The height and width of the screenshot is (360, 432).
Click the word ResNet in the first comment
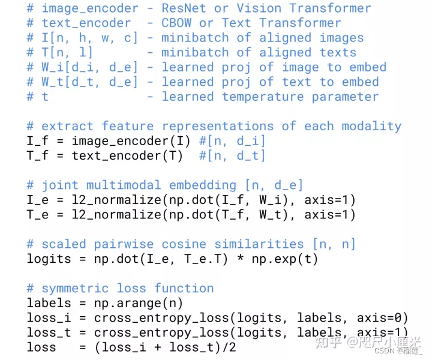pyautogui.click(x=184, y=9)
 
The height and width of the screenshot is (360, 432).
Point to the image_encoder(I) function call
pyautogui.click(x=131, y=142)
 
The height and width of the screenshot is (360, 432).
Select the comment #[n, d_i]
pyautogui.click(x=233, y=142)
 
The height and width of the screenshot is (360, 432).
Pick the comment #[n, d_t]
pyautogui.click(x=233, y=156)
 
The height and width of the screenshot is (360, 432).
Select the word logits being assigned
pyautogui.click(x=49, y=259)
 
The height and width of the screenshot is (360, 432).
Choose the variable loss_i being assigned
pyautogui.click(x=49, y=317)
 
